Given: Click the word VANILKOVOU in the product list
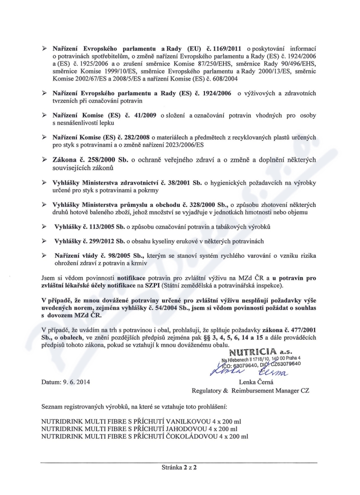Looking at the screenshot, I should (186, 422).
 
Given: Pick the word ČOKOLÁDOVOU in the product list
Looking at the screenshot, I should (188, 436).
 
